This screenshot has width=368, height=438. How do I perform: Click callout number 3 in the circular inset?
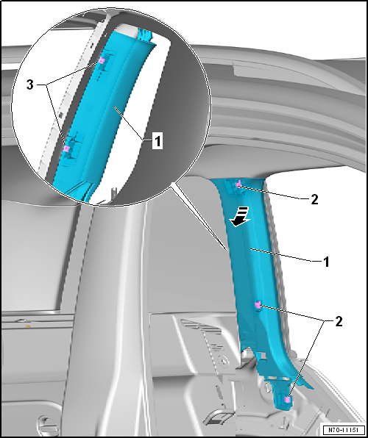click(x=30, y=85)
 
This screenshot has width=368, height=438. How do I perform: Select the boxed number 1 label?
click(x=158, y=141)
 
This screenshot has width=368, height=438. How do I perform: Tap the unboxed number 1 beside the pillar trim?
click(x=326, y=262)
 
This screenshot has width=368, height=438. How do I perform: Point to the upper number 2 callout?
click(x=314, y=200)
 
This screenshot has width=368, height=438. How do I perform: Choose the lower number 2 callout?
click(x=339, y=322)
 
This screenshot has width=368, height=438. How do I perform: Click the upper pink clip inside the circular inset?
click(x=102, y=60)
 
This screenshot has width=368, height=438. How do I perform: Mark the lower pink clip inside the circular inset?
click(x=66, y=148)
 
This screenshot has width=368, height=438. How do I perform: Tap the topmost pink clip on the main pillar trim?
click(x=238, y=184)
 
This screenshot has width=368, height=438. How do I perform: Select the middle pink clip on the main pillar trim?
click(x=258, y=306)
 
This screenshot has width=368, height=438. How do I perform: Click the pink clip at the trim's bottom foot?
click(x=286, y=400)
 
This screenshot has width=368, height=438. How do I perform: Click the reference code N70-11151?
click(x=344, y=429)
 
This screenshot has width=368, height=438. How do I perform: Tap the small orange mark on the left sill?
click(x=28, y=326)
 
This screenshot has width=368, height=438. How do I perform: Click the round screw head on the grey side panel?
click(x=223, y=360)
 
